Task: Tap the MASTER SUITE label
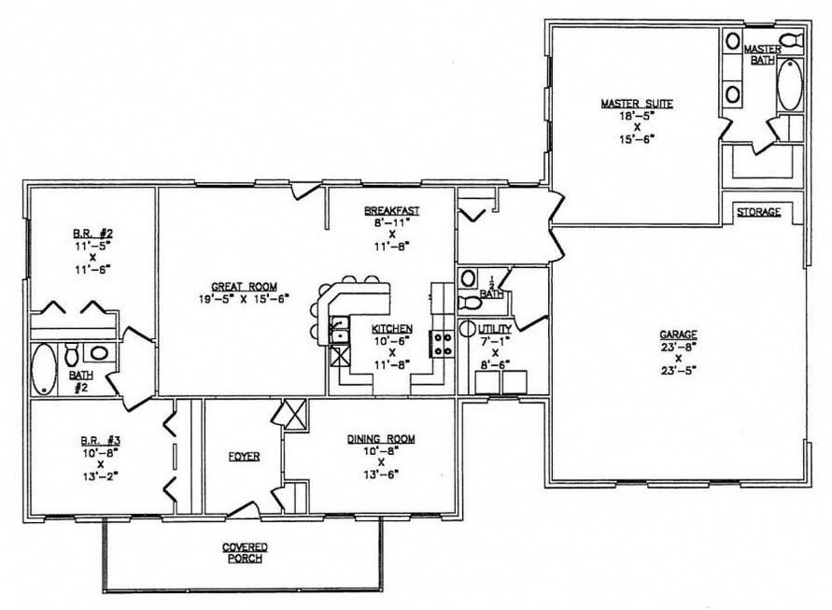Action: click(637, 104)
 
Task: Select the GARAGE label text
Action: click(678, 335)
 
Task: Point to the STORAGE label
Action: click(759, 212)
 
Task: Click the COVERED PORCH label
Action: click(245, 553)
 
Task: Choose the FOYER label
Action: click(244, 457)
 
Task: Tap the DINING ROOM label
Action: click(381, 439)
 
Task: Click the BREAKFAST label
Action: click(391, 211)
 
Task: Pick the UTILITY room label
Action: click(495, 329)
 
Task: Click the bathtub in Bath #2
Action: click(44, 369)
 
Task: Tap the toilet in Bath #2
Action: click(72, 354)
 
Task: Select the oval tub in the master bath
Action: click(790, 85)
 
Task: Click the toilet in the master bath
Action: click(791, 40)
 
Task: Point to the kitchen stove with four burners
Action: click(442, 344)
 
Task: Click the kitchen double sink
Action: click(339, 330)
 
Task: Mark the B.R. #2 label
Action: click(92, 233)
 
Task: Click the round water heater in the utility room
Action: click(468, 329)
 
